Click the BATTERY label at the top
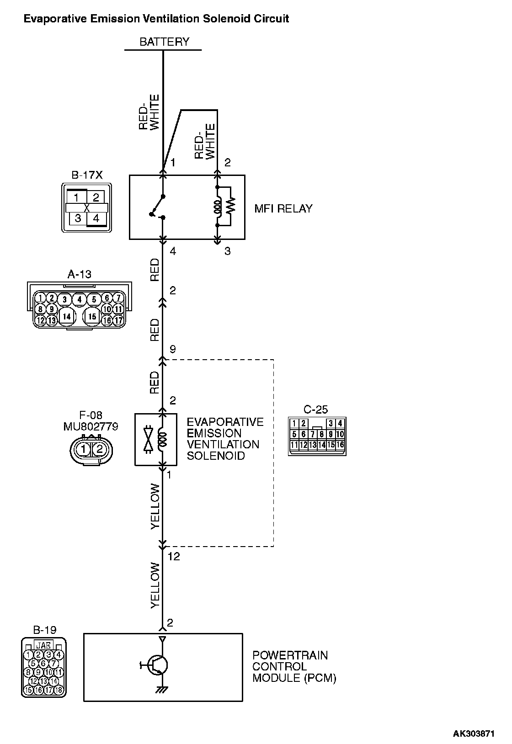coord(164,42)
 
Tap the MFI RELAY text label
coord(283,209)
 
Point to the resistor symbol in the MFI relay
coord(230,206)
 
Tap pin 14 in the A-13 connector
coord(67,316)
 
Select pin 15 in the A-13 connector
coord(92,316)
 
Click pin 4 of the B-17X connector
coord(96,218)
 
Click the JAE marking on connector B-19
coord(44,645)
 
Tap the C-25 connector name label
coord(315,409)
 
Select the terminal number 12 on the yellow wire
coord(174,557)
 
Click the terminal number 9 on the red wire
coord(172,350)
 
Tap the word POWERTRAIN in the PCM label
coord(290,655)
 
